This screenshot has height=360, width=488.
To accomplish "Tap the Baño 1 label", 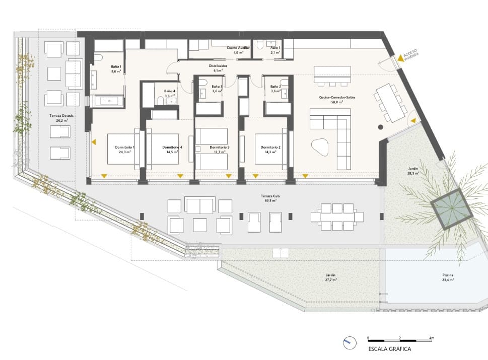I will pyautogui.click(x=116, y=67).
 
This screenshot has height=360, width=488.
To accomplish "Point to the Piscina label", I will pyautogui.click(x=448, y=275).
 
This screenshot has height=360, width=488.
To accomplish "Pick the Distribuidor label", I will pyautogui.click(x=218, y=66).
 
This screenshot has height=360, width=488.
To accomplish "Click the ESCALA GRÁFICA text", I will pyautogui.click(x=390, y=348).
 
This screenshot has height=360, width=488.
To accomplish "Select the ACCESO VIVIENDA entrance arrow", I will pyautogui.click(x=400, y=58).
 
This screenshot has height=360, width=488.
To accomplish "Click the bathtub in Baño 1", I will pyautogui.click(x=108, y=101).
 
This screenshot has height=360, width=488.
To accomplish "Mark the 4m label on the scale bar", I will pyautogui.click(x=431, y=337).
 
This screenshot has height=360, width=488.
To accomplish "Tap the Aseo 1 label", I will pyautogui.click(x=275, y=47).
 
